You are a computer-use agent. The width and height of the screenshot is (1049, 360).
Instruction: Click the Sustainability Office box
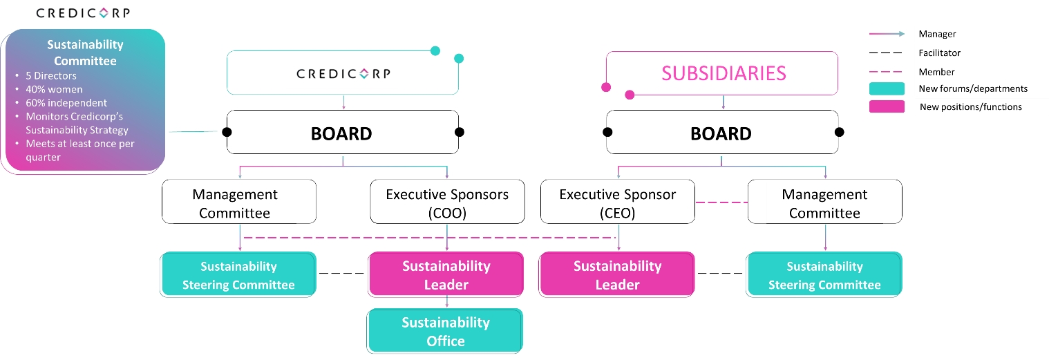click(446, 332)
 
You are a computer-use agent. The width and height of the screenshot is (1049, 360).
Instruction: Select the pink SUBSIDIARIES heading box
click(722, 73)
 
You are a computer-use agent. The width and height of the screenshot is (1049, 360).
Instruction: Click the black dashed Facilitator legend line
click(887, 53)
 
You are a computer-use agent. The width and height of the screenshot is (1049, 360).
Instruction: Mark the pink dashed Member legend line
click(887, 71)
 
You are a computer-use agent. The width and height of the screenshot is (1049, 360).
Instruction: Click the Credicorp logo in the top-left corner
click(82, 13)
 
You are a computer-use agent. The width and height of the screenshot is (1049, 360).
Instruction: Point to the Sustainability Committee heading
click(85, 53)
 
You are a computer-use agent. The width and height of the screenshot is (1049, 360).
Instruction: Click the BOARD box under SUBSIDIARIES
click(722, 133)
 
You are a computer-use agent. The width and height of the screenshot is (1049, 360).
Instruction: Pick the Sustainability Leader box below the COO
click(446, 275)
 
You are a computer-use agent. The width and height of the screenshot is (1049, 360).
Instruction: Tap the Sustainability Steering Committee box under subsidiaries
click(824, 275)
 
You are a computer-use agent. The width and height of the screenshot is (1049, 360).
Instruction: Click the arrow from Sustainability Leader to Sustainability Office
click(447, 303)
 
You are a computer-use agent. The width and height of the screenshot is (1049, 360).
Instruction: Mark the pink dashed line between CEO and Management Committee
click(721, 202)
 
